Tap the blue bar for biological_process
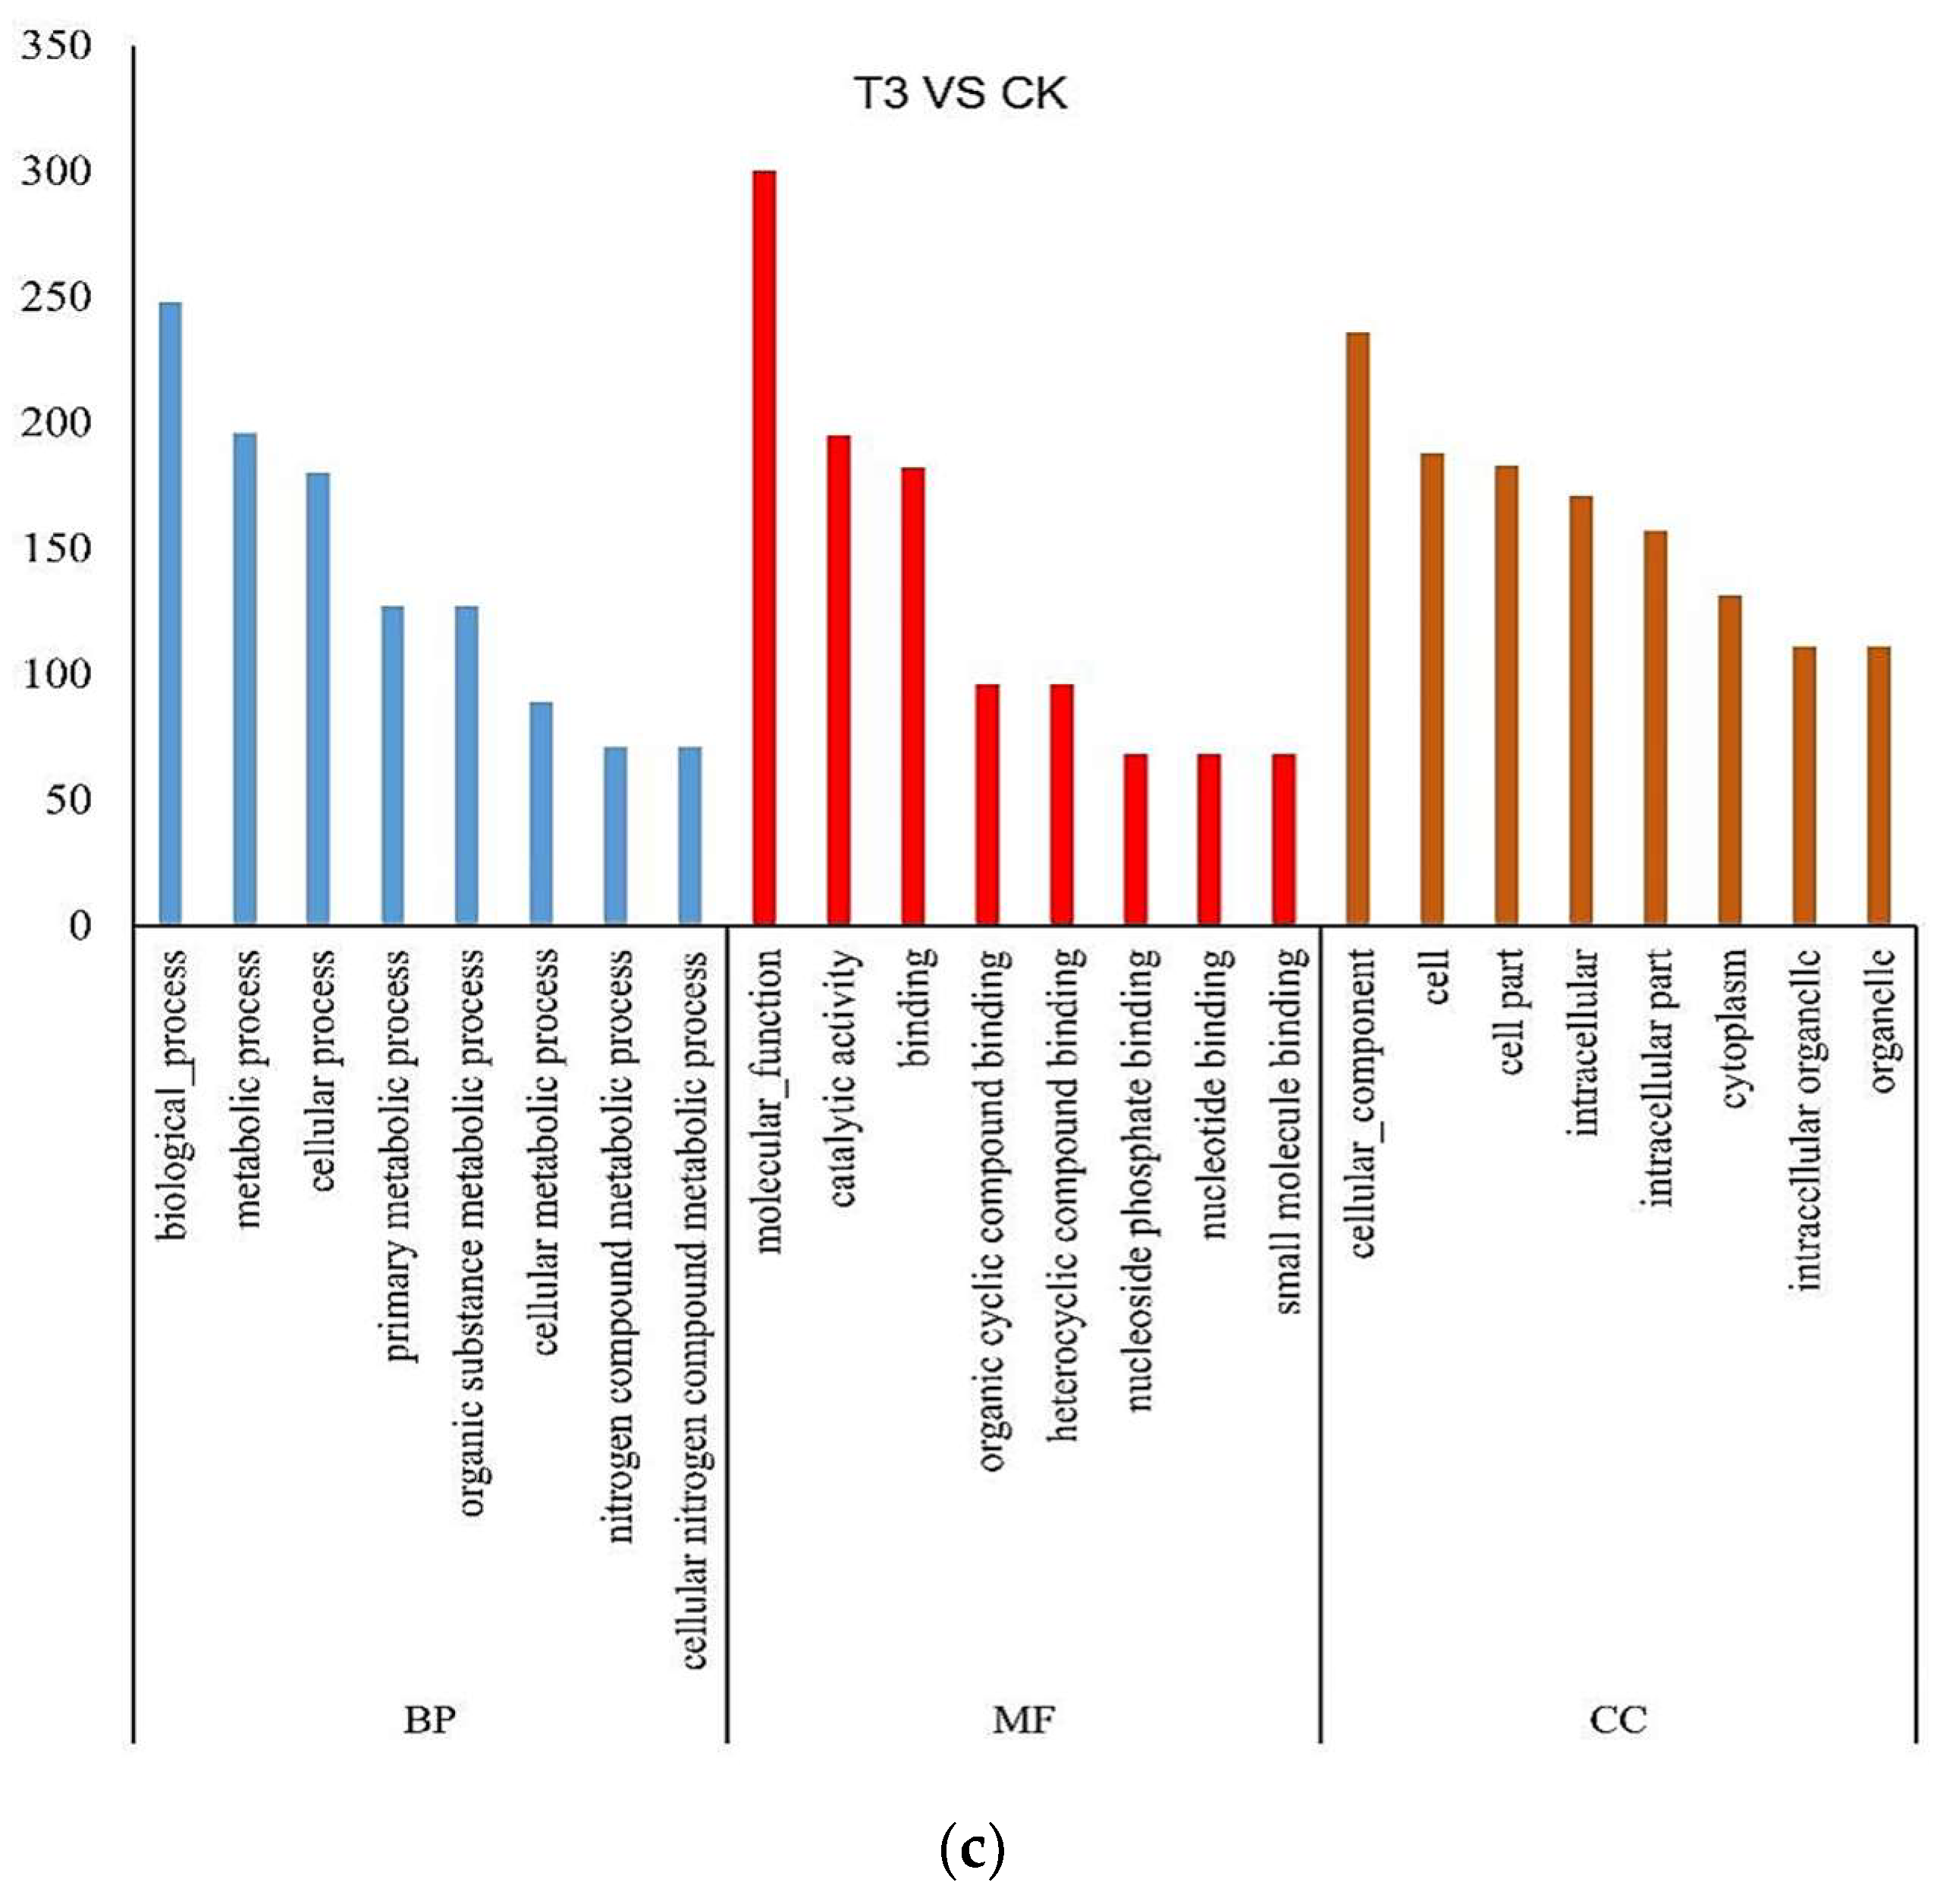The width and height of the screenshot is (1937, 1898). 171,612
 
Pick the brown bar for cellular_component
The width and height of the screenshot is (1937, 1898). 1358,628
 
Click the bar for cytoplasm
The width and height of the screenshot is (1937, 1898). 1730,760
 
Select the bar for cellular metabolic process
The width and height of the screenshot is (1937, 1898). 542,812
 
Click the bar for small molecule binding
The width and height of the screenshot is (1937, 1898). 1284,839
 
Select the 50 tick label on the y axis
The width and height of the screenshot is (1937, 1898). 67,799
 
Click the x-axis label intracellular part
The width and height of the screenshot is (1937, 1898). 1656,1077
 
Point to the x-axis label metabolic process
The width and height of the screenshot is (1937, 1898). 246,1087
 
